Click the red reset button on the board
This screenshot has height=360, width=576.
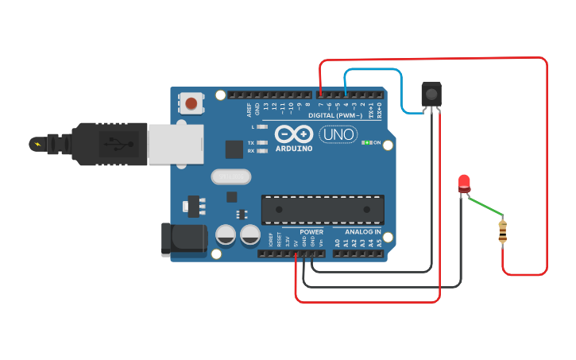point(191,103)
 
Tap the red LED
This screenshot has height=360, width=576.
point(464,184)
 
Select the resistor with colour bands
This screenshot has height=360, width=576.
point(502,231)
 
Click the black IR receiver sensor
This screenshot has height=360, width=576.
point(431,95)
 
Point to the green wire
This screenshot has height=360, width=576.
point(485,205)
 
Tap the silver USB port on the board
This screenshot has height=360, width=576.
point(175,145)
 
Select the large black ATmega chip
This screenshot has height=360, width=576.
point(323,209)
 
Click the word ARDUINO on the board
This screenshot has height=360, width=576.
point(294,149)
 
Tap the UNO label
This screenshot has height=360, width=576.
point(338,134)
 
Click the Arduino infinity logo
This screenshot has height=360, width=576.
point(294,134)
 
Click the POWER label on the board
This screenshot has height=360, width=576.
point(311,232)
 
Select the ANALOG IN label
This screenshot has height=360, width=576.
point(362,232)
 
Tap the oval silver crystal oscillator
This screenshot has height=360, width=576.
point(230,176)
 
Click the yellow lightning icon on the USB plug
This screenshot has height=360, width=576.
point(37,144)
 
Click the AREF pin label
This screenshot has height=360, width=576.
point(249,109)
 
